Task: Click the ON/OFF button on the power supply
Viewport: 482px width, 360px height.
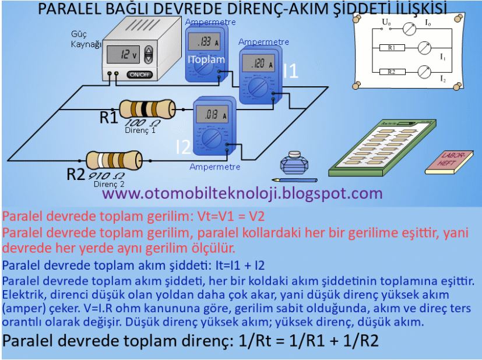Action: coord(138,75)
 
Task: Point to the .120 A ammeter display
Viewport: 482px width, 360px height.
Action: coord(258,64)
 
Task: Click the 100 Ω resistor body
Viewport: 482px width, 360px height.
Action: coord(146,109)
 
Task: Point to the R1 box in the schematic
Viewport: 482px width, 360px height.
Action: coord(392,49)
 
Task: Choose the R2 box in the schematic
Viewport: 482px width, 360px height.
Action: coord(392,72)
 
